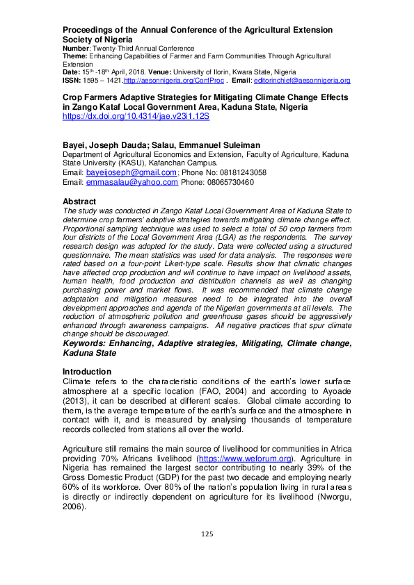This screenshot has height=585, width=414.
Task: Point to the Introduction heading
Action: (87, 372)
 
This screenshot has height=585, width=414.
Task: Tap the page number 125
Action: (207, 534)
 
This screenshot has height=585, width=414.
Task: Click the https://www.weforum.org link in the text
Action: (238, 459)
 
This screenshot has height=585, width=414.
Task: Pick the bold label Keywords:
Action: (87, 344)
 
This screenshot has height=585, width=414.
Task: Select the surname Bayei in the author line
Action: (75, 145)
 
